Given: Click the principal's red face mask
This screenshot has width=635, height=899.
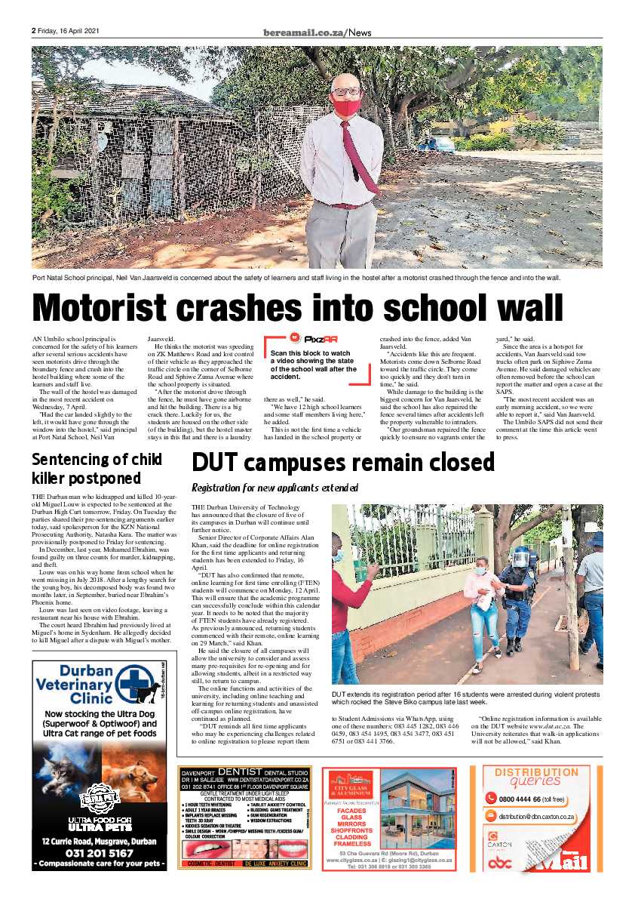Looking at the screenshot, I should [x=346, y=106].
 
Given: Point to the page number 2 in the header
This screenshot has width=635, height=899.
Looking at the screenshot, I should [x=34, y=32].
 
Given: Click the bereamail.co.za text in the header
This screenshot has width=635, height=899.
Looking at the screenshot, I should [x=305, y=32].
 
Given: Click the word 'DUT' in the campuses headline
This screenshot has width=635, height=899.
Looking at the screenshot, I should [x=217, y=461].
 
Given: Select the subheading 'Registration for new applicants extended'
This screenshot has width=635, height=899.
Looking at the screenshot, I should [x=275, y=488].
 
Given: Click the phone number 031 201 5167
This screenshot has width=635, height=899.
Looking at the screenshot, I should [x=100, y=854].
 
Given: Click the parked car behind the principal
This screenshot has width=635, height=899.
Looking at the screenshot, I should [x=438, y=143].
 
